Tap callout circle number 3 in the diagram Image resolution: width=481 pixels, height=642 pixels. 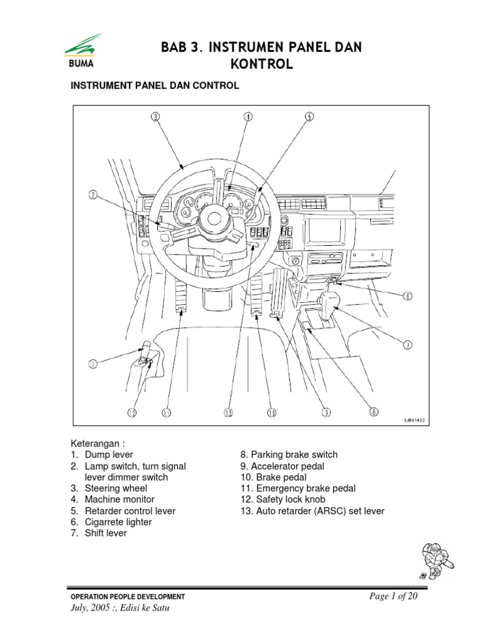(155, 116)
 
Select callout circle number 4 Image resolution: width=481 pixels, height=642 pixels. (248, 116)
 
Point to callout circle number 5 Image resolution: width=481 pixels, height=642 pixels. (309, 116)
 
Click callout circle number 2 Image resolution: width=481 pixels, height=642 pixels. (92, 195)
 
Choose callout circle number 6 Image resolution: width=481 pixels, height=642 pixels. (407, 297)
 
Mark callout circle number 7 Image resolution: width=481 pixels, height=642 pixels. (407, 344)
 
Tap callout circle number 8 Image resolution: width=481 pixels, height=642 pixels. (374, 413)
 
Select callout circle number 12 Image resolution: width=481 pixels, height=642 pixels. (132, 413)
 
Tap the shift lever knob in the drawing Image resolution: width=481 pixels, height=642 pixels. (330, 300)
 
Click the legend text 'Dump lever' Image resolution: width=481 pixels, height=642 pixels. (109, 455)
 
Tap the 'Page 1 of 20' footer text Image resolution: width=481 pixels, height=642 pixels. (393, 596)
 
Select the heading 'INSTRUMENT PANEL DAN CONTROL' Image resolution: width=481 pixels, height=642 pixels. (154, 86)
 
